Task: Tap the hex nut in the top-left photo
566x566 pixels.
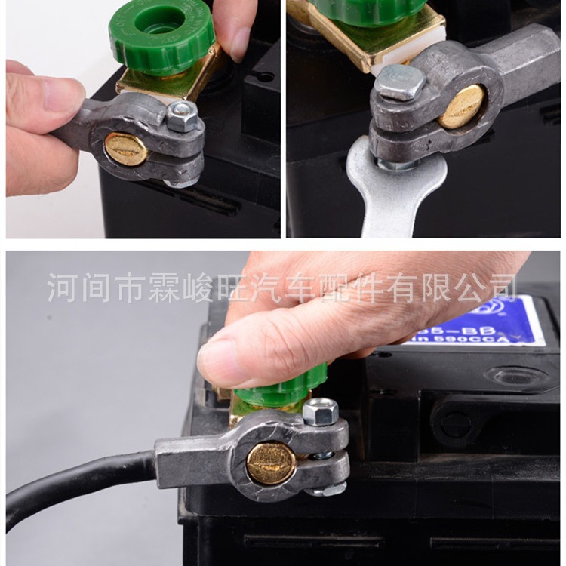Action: (182, 115)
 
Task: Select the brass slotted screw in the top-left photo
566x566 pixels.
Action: (126, 149)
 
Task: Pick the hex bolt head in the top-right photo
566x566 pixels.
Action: (401, 82)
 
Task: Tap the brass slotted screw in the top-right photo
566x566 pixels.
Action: (463, 106)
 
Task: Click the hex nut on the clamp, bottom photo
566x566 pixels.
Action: (320, 412)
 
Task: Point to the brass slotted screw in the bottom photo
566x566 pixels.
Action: (271, 462)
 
